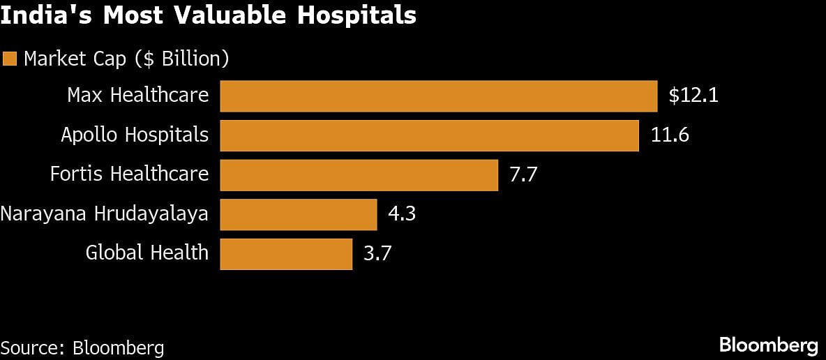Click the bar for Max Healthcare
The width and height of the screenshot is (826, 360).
438,96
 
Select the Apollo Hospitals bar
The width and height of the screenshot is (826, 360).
429,135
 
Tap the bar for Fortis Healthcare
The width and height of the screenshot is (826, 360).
359,174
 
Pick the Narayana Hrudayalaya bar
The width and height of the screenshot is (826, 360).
298,213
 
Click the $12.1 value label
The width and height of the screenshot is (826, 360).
693,96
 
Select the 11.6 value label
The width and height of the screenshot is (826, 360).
670,135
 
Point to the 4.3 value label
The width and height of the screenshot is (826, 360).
402,213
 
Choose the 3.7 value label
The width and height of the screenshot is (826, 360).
377,253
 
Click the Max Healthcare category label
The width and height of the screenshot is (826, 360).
137,95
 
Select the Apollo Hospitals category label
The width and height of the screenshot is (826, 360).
135,135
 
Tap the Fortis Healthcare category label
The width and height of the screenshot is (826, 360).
129,174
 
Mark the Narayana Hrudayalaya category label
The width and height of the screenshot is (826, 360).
105,213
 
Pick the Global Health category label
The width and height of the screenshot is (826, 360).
147,253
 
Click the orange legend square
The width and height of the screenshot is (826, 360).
9,59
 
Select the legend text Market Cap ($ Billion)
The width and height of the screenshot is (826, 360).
126,59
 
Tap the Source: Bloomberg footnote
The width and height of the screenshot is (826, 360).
82,347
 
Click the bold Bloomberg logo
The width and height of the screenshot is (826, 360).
768,345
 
